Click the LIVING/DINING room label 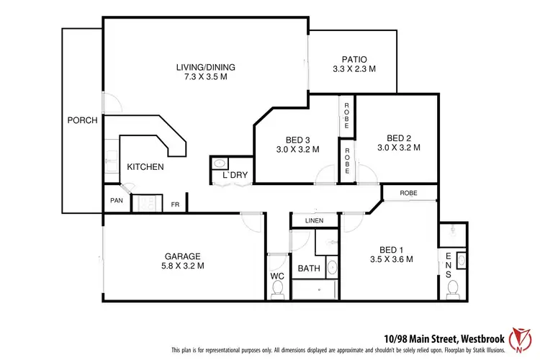coord(206,68)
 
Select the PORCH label coord(82,120)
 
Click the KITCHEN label coord(145,167)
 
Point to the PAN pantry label coord(116,201)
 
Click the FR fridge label coord(175,204)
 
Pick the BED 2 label coord(398,138)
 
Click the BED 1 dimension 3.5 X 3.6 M coord(390,260)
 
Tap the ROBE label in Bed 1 coord(409,193)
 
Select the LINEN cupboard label coord(313,221)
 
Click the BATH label coord(309,269)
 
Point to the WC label coord(276,276)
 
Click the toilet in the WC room coord(277,290)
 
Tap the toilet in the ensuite coord(453,289)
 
